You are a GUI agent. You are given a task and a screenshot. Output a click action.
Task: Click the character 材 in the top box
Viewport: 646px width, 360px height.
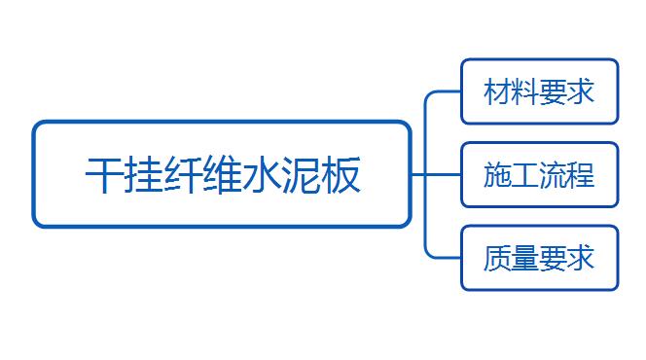497,91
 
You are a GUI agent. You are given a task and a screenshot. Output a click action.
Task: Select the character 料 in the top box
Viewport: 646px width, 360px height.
525,91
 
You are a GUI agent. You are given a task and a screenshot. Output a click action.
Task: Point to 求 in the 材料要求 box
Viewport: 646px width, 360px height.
581,91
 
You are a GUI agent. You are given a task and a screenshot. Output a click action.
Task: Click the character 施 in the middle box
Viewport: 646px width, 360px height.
497,174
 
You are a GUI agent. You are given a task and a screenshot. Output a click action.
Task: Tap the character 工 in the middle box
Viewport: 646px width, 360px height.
525,174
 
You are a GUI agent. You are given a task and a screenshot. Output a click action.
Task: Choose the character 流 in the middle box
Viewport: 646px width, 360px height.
553,174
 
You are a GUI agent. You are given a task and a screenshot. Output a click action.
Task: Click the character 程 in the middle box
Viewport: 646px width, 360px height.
581,174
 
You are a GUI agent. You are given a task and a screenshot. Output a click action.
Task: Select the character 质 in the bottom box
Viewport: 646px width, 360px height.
497,258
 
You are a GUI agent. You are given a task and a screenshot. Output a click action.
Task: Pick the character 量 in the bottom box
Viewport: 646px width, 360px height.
525,258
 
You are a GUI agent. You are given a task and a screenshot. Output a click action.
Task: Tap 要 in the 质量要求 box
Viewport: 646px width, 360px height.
553,258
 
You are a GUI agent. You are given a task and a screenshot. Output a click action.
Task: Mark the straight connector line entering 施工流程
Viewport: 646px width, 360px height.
436,174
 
